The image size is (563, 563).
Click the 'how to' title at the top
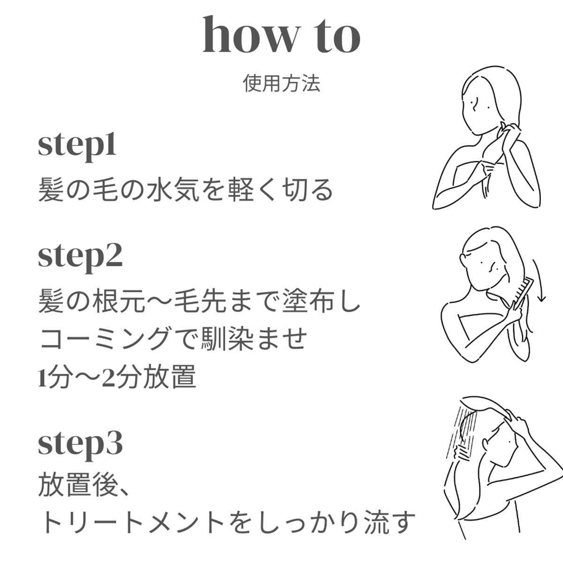click(x=281, y=36)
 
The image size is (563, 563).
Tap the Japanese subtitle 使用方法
click(x=281, y=83)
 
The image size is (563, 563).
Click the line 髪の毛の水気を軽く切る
click(x=186, y=190)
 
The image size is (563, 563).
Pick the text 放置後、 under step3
click(x=83, y=485)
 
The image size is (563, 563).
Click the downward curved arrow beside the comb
click(x=540, y=280)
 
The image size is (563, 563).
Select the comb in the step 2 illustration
click(x=524, y=293)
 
